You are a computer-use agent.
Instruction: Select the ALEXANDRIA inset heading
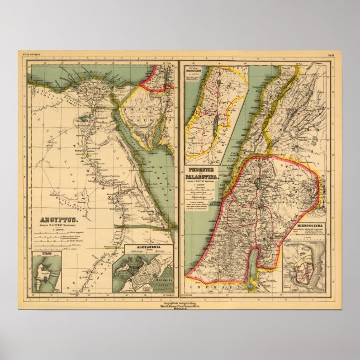(143, 245)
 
